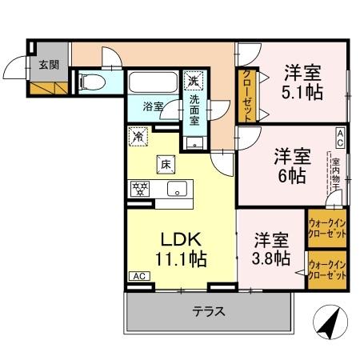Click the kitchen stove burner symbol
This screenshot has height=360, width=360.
pos(139,190)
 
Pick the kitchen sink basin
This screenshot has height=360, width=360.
pos(177,190)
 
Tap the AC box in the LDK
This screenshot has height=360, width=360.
pos(138,277)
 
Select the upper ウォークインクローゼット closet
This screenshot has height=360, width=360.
pos(326,226)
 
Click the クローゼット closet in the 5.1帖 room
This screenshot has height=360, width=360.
pos(246,95)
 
